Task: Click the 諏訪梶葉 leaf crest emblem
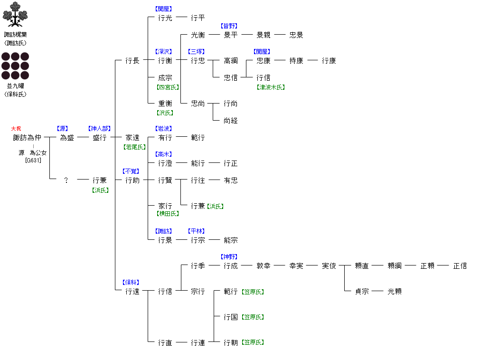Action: tap(15, 14)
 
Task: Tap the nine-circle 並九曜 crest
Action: tap(15, 66)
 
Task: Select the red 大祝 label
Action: tap(16, 129)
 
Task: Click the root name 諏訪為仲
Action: tap(27, 138)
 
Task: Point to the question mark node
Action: tap(66, 180)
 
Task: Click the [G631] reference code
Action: tap(33, 161)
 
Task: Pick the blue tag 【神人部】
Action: tap(99, 129)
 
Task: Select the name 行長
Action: tap(132, 61)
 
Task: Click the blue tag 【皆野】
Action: tap(230, 26)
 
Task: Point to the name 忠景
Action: tap(296, 35)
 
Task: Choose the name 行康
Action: tap(329, 61)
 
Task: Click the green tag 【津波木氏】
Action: tap(271, 87)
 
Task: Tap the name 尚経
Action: tap(231, 121)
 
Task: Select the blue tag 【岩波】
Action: tap(164, 129)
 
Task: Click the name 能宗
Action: tap(231, 240)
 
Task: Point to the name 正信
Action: tap(460, 266)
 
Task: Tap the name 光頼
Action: tap(395, 292)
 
